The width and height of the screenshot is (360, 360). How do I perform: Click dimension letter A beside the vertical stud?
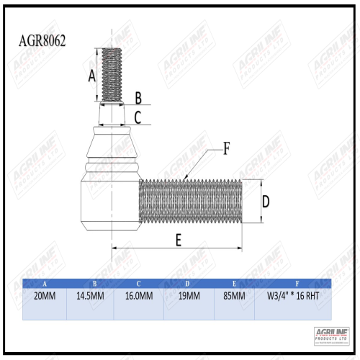pyautogui.click(x=91, y=76)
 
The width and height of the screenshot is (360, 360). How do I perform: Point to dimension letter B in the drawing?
pyautogui.click(x=138, y=97)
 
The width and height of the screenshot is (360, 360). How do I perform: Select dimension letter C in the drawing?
pyautogui.click(x=138, y=117)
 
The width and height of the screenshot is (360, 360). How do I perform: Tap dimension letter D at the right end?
pyautogui.click(x=265, y=202)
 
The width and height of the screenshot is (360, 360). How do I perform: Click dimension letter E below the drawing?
pyautogui.click(x=178, y=241)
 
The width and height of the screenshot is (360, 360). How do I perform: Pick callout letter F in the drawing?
pyautogui.click(x=225, y=149)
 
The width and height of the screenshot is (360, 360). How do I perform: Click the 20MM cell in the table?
pyautogui.click(x=45, y=296)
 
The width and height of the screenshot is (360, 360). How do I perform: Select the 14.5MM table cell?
pyautogui.click(x=90, y=296)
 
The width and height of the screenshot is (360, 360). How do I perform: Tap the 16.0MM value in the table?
pyautogui.click(x=138, y=296)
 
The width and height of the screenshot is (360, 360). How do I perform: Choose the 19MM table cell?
pyautogui.click(x=189, y=296)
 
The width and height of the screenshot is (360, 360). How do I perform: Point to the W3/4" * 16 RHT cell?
pyautogui.click(x=292, y=296)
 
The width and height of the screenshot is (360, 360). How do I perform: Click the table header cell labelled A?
pyautogui.click(x=45, y=282)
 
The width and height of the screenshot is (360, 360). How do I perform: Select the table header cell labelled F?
pyautogui.click(x=292, y=282)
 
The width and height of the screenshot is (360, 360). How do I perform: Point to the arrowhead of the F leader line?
pyautogui.click(x=185, y=177)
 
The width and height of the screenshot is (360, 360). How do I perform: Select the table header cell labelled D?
pyautogui.click(x=189, y=282)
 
